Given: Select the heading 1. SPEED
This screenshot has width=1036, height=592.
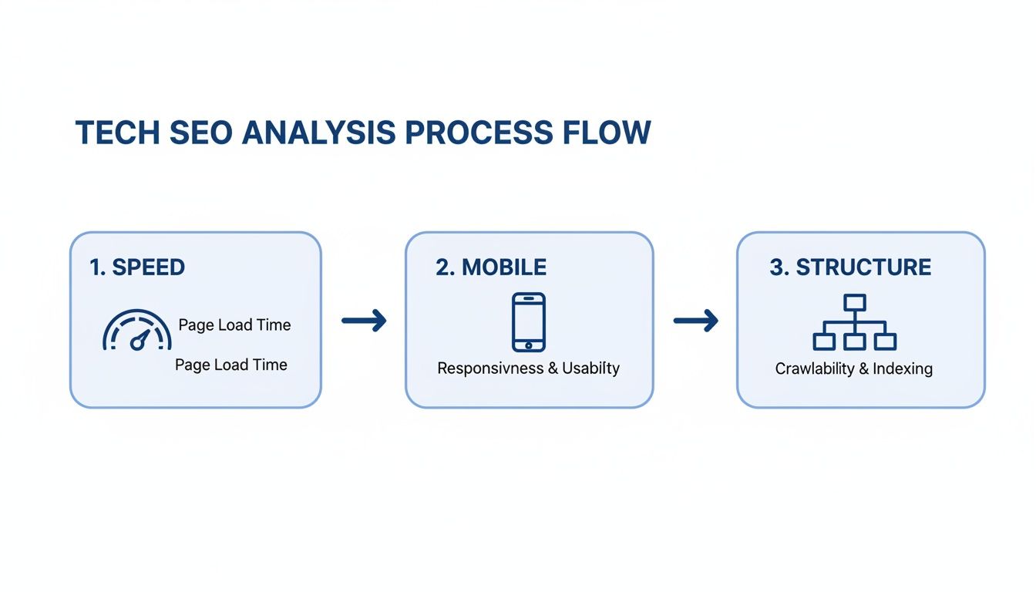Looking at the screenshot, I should tap(137, 267).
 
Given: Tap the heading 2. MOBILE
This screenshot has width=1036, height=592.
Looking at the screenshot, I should tap(491, 267).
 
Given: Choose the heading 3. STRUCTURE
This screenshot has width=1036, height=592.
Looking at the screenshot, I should tap(850, 267).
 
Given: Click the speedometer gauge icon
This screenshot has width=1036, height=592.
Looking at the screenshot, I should tap(137, 331).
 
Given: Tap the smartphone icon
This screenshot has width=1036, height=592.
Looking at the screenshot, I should tap(529, 321).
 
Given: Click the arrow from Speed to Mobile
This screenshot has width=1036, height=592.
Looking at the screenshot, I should tap(364, 321).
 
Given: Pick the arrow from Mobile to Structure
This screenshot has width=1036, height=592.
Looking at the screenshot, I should tap(695, 321).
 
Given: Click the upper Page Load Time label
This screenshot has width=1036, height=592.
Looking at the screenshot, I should tap(234, 325).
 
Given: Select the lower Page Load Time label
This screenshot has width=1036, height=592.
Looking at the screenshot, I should tap(231, 365).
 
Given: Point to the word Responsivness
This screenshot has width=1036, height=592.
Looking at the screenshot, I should tap(490, 368).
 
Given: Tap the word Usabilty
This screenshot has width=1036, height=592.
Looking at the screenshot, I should tap(590, 368).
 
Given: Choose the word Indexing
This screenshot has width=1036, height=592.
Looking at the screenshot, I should tap(903, 369).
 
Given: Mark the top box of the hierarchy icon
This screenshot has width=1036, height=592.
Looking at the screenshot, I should tap(855, 301).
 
